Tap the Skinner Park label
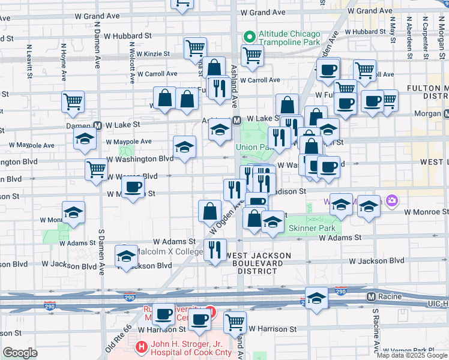coord(312,228)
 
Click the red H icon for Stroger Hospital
coord(141,346)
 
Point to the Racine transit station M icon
coord(371,296)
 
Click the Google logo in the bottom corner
coord(20,353)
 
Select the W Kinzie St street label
coord(153,53)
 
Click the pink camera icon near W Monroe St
coord(392,200)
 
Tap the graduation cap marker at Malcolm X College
coord(127,256)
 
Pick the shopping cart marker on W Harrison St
coord(235,322)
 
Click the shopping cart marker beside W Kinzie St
coord(195,47)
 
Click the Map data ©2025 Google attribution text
coord(412,355)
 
